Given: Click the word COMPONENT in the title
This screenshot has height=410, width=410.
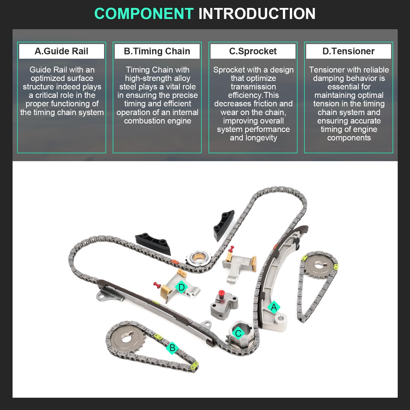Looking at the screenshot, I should coord(144,14).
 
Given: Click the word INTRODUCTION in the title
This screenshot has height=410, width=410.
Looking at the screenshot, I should coord(257,14).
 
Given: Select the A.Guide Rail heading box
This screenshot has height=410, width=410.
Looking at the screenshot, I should coord(61,51).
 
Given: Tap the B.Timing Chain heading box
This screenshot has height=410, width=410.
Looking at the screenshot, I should coord(157,51).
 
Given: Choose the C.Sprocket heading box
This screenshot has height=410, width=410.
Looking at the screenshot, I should coord(253,51).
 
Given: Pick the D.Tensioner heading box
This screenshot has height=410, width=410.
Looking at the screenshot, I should coord(348,51).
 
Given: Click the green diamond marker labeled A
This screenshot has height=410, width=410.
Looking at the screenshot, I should coord(274,307).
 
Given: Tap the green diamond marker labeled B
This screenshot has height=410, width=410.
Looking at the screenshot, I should coord(172,348).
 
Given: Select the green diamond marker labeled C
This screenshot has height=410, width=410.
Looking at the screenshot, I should coord(238,333).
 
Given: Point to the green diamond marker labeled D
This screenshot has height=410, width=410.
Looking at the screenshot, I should coord(181,287).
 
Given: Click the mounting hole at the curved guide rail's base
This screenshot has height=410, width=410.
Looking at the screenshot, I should coord(281,319).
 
